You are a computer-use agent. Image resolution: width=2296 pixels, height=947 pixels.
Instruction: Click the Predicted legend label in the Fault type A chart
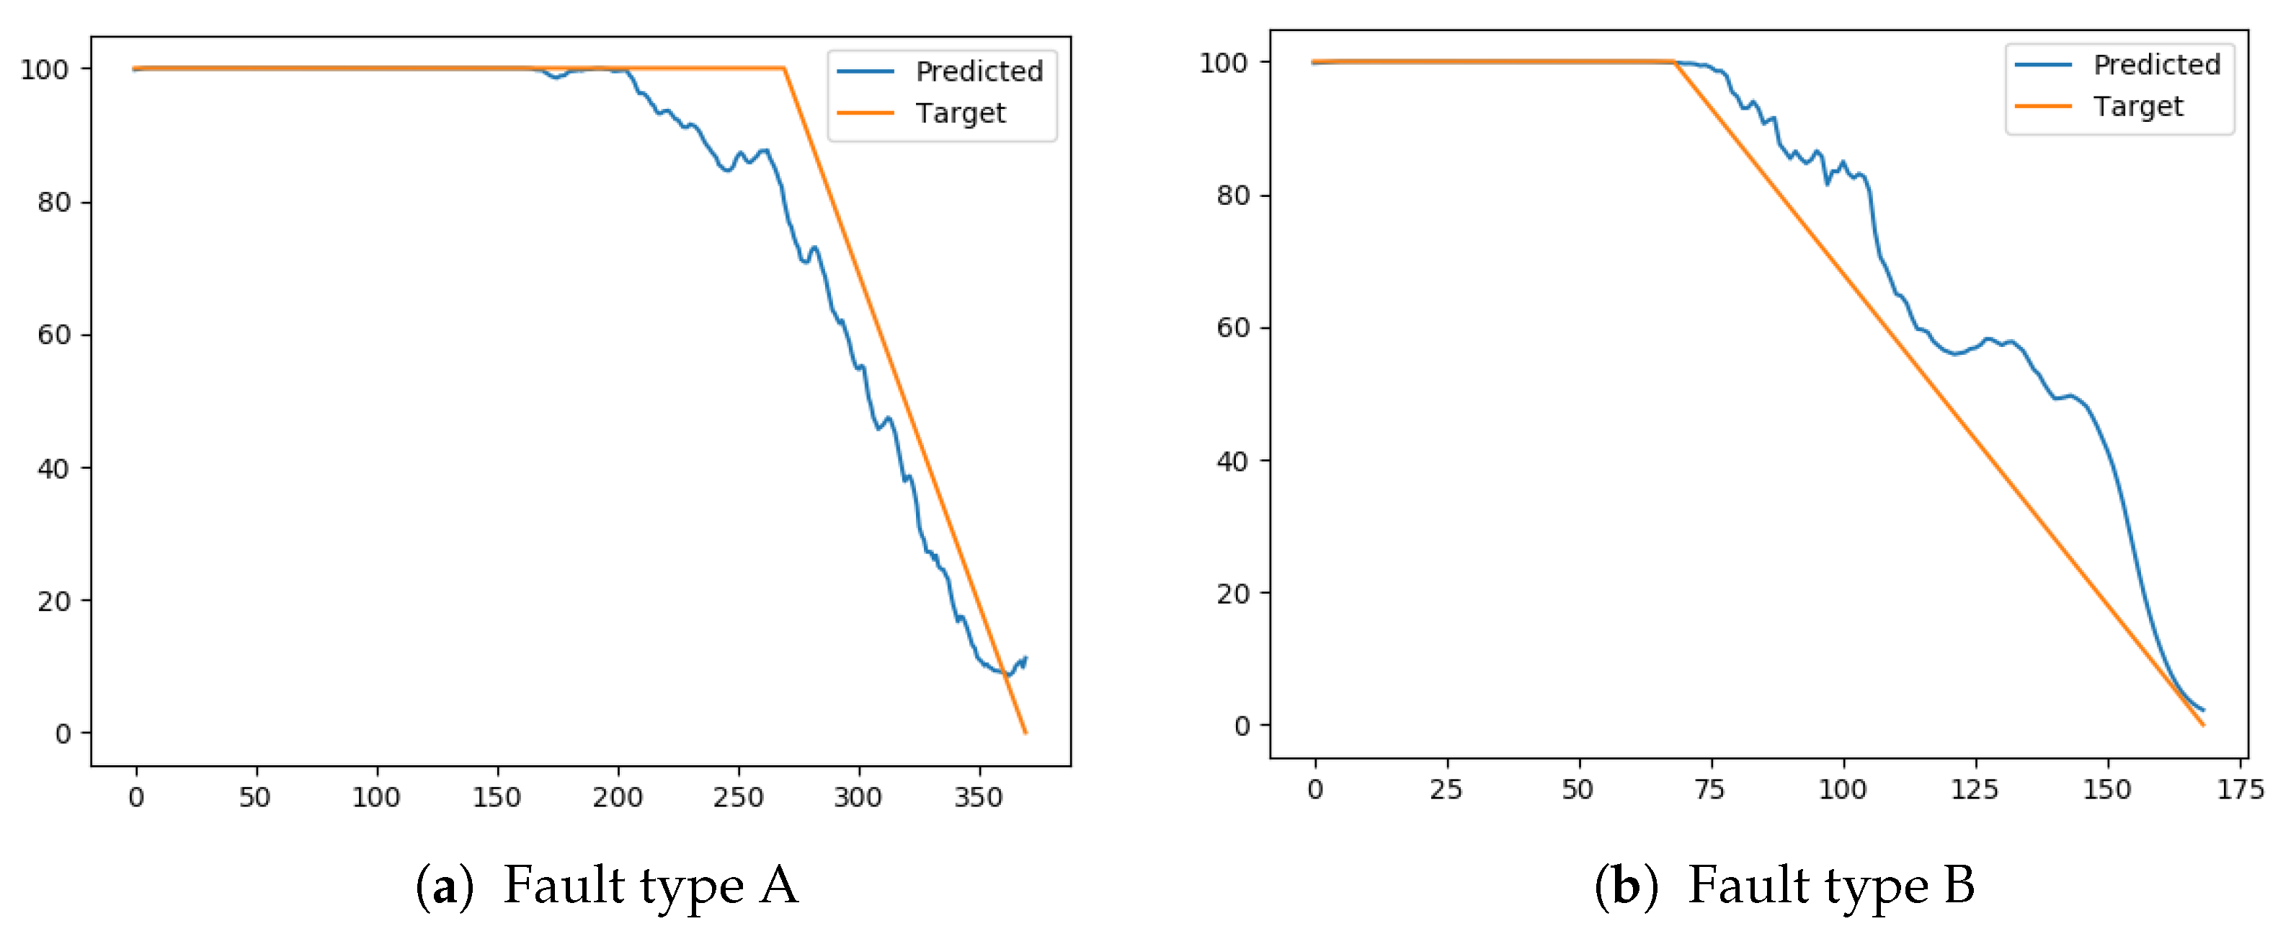pos(979,71)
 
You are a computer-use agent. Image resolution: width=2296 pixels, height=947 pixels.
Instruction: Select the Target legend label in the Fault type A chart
pos(960,113)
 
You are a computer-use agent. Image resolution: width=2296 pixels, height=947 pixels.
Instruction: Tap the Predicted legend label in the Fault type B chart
pos(2156,65)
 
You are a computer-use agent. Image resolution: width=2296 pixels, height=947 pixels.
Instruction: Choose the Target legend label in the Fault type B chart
pos(2137,107)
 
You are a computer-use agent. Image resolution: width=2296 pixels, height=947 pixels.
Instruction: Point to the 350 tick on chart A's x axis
pos(979,796)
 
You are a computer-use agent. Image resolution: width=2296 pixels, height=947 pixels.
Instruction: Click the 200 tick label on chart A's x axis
pos(617,796)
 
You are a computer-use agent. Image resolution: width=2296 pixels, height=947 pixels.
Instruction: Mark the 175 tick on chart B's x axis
pos(2240,789)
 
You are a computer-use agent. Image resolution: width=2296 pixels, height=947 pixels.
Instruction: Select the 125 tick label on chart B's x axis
pos(1975,789)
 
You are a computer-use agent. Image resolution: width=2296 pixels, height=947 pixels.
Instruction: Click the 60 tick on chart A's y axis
pos(53,335)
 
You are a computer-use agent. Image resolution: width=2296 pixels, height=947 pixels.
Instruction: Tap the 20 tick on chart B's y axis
pos(1232,594)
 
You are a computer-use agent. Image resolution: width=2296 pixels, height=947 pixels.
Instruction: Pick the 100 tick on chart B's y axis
pos(1223,63)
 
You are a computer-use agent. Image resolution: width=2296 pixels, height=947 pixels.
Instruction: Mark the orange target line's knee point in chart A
pos(783,68)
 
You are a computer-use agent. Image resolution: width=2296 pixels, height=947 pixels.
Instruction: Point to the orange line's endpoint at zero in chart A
pos(1025,733)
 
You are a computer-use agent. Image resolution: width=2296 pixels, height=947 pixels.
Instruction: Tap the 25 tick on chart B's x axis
pos(1446,789)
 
